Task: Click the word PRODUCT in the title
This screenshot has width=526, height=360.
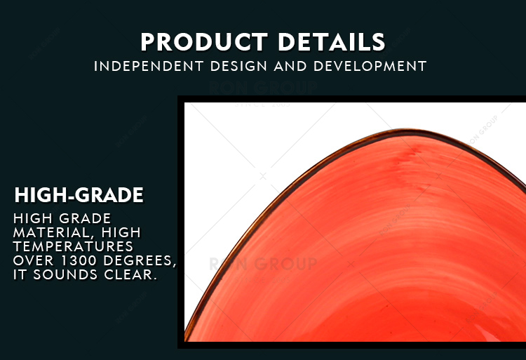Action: point(204,42)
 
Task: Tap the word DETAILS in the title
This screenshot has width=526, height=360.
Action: point(332,42)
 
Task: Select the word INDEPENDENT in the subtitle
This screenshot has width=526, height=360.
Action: point(149,66)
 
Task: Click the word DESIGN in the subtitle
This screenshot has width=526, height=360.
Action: point(240,66)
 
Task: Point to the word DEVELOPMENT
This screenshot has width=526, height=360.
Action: point(370,66)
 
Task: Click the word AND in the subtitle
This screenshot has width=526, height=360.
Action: point(290,66)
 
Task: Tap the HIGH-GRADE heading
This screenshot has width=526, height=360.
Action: point(79,195)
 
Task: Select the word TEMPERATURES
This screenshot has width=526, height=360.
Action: point(73,246)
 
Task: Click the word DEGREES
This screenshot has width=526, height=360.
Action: point(140,260)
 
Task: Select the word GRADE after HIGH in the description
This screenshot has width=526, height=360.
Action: point(85,218)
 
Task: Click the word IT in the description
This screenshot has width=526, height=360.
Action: point(20,274)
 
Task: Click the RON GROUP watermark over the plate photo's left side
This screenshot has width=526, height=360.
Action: point(263,264)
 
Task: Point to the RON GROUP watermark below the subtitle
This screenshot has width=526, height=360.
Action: point(263,88)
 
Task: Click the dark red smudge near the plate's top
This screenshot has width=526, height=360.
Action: point(407,155)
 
